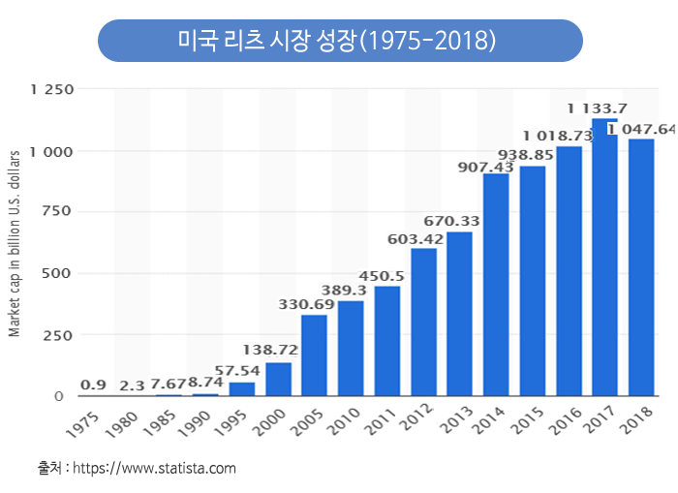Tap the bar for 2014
[x=496, y=284]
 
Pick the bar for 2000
[x=278, y=379]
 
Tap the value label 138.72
[x=270, y=350]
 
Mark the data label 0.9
[x=93, y=385]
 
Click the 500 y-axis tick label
[x=59, y=273]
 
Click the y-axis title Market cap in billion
[x=15, y=230]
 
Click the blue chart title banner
[x=340, y=41]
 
